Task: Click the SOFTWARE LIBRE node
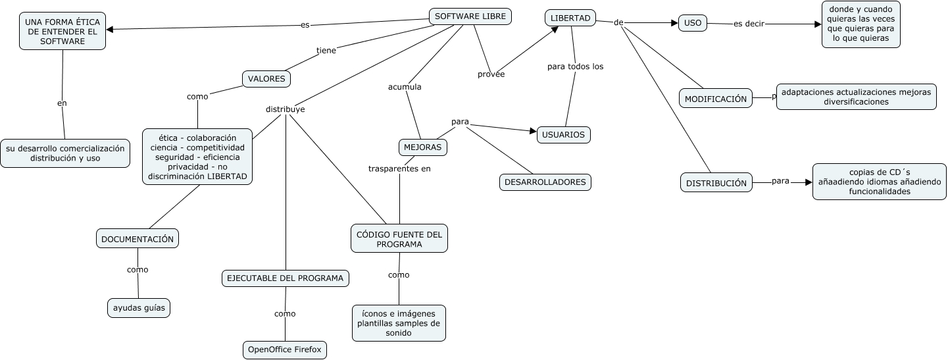(x=470, y=16)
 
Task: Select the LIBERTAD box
(x=570, y=18)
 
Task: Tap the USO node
(x=692, y=23)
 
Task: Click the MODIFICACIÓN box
(x=716, y=99)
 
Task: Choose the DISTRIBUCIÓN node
(x=716, y=183)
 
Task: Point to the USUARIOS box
(x=564, y=134)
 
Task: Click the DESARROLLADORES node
(x=545, y=182)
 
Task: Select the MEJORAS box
(x=422, y=147)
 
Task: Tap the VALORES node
(x=266, y=79)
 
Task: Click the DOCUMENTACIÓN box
(x=137, y=239)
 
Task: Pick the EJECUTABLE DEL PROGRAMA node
(x=285, y=278)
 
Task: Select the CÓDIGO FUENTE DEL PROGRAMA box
(x=399, y=238)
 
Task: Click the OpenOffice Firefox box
(x=284, y=349)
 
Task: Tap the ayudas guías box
(x=138, y=307)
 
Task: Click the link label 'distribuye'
(x=285, y=109)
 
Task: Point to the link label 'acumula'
(x=405, y=87)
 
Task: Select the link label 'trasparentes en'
(x=399, y=168)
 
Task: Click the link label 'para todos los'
(x=575, y=66)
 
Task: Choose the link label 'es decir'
(x=749, y=24)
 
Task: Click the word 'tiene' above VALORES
(x=326, y=50)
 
